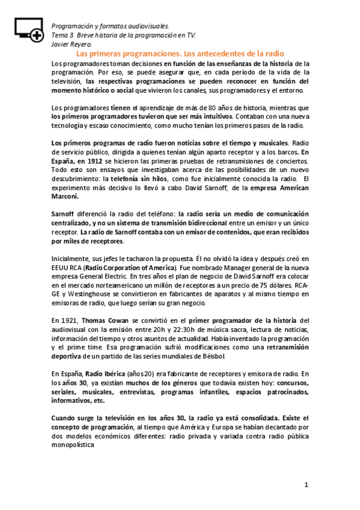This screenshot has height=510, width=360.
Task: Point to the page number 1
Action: point(306,485)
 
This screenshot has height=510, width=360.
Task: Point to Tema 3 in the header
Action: point(63,35)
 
